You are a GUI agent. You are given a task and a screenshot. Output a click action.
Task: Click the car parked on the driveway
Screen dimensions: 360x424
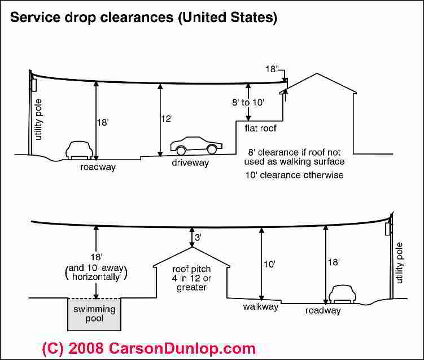[x=195, y=145]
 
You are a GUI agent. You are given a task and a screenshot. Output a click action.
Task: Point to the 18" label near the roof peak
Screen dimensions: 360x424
[x=273, y=69]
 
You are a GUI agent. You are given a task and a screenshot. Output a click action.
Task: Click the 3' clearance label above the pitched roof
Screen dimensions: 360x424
[x=198, y=238]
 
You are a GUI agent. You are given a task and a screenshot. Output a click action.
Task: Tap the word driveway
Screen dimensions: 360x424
[x=190, y=163]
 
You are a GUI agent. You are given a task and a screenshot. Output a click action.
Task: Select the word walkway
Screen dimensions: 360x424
[x=260, y=307]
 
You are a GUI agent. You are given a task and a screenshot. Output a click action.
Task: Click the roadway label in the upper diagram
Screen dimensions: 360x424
[x=98, y=167]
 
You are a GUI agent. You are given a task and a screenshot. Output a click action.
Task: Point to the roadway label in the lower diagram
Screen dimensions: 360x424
[x=323, y=311]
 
